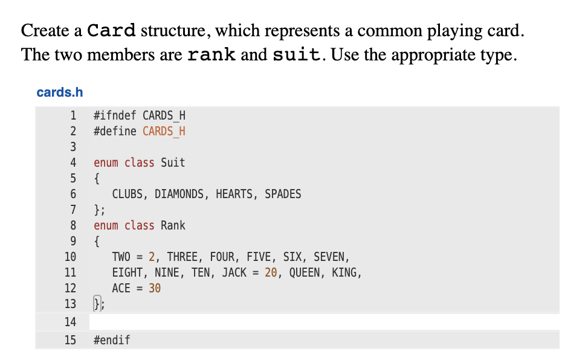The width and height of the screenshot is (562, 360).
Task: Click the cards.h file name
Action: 59,92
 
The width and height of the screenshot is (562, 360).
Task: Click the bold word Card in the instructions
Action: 111,30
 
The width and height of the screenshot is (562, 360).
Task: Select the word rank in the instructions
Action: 212,55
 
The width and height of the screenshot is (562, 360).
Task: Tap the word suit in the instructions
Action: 296,55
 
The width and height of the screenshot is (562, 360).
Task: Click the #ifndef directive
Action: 115,115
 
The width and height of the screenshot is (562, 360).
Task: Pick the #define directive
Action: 115,131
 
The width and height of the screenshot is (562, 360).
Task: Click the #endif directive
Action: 112,340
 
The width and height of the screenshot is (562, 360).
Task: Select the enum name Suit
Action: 173,162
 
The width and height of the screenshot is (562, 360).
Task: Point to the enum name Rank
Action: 173,225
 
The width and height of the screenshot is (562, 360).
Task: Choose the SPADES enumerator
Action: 283,194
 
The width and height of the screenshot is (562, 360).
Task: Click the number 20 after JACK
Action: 271,272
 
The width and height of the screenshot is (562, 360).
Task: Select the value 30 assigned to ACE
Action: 155,288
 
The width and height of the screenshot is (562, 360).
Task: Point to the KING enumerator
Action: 345,272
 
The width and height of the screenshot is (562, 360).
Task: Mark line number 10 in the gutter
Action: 70,257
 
